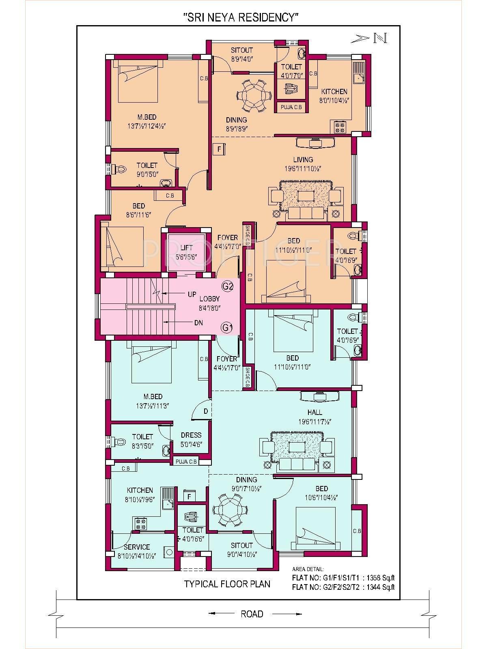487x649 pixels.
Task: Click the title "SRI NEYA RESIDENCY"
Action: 241,17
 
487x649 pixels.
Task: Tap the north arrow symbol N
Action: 380,38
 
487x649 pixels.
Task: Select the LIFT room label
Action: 187,252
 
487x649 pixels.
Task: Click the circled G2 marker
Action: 228,286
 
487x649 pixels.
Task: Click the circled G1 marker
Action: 227,327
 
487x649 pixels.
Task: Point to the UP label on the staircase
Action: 192,294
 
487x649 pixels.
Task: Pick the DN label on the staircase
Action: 198,323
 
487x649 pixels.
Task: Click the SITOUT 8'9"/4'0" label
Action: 242,54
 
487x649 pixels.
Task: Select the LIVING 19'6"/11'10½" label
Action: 303,163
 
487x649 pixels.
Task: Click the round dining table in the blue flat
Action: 228,509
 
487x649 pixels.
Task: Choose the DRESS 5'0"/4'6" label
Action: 191,439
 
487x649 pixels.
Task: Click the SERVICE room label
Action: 137,551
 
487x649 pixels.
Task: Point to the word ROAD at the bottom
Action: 252,614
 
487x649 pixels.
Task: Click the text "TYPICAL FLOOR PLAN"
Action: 227,584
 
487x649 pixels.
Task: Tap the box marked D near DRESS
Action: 206,411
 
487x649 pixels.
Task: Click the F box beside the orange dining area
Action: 219,149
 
